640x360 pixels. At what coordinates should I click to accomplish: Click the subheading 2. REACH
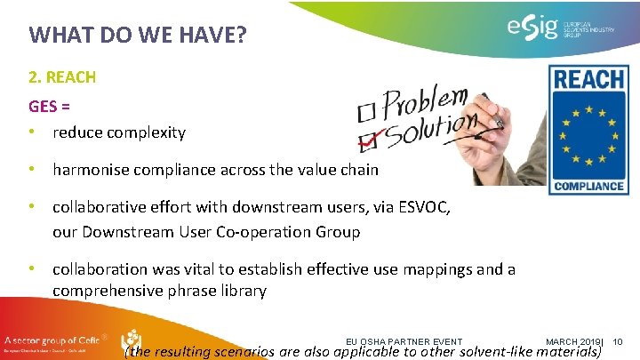[62, 77]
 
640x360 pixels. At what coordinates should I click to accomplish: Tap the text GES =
[50, 106]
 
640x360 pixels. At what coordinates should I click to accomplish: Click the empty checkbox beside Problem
[365, 113]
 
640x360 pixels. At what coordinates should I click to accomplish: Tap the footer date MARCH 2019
[572, 342]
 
